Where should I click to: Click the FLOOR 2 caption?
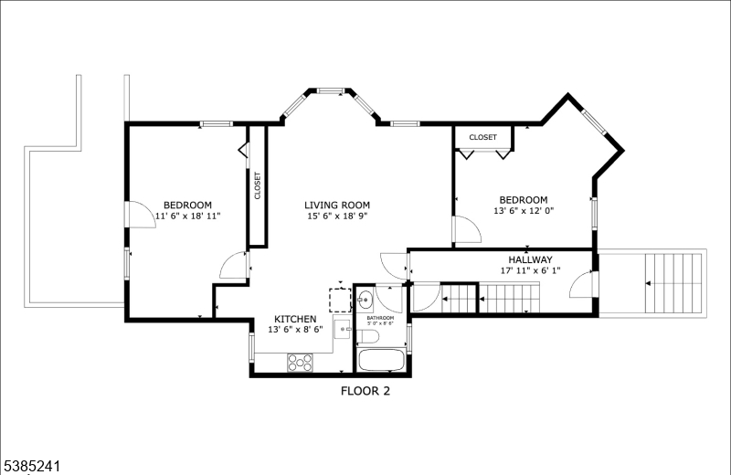click(x=365, y=393)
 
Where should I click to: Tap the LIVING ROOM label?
click(x=337, y=205)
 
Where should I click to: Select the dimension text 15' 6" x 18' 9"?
click(x=337, y=216)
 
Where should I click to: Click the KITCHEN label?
click(x=295, y=319)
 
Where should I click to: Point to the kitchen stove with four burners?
click(x=300, y=362)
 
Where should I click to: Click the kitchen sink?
click(x=344, y=328)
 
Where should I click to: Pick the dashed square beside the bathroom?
click(x=340, y=300)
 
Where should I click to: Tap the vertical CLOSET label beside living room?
click(x=257, y=185)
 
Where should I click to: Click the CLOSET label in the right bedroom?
click(x=483, y=137)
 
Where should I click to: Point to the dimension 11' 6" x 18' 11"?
click(x=187, y=216)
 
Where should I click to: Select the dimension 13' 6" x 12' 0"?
click(x=523, y=212)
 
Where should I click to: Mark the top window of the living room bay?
click(x=330, y=90)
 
